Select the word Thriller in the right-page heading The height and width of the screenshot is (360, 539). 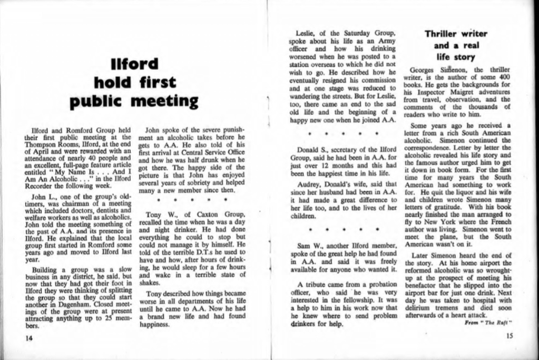click(441, 34)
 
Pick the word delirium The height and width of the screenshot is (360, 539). click(419, 308)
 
